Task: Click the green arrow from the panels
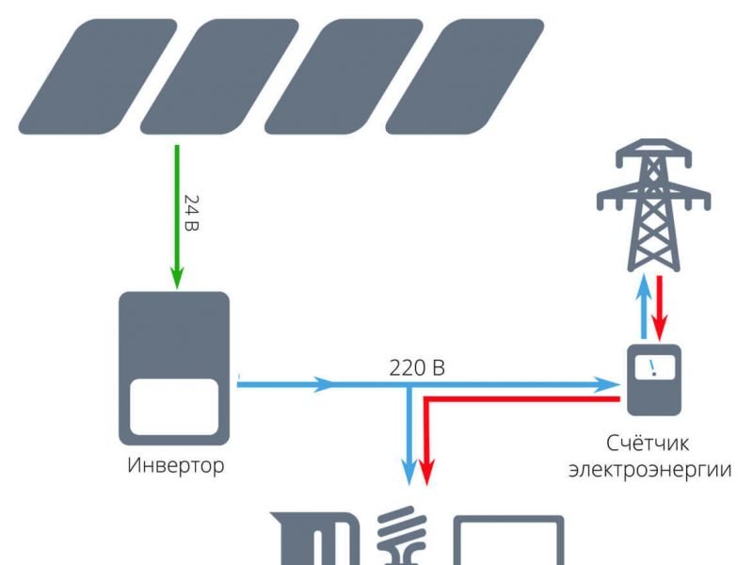pyautogui.click(x=175, y=217)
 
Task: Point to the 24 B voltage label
pyautogui.click(x=191, y=214)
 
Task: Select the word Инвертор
pyautogui.click(x=176, y=465)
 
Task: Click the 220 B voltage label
pyautogui.click(x=417, y=367)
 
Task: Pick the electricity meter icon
pyautogui.click(x=654, y=379)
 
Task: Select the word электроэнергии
pyautogui.click(x=649, y=468)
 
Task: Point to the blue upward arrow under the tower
pyautogui.click(x=643, y=306)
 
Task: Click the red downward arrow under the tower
pyautogui.click(x=662, y=306)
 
